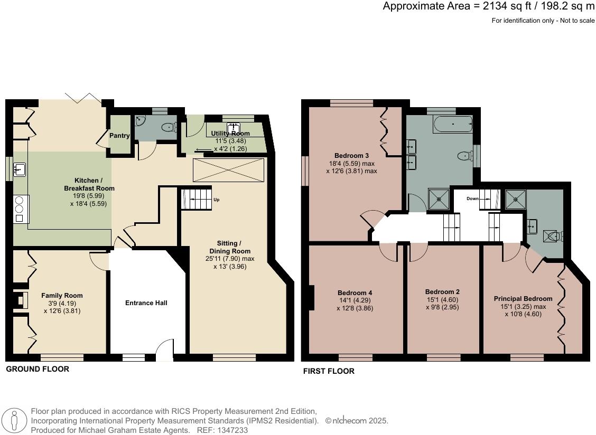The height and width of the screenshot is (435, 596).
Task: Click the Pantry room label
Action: [x=119, y=136]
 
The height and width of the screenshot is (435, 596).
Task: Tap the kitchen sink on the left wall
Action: [x=20, y=169]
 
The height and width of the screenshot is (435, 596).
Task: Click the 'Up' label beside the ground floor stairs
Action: [x=216, y=200]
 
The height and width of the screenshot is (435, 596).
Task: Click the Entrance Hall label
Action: [x=146, y=303]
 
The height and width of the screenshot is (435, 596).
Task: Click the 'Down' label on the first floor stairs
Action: [x=472, y=199]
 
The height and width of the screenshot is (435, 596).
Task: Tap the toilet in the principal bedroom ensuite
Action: [x=553, y=235]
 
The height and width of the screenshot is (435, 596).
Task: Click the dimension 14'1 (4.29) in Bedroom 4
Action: [x=355, y=301]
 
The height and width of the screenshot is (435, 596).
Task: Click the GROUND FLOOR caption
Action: [x=38, y=369]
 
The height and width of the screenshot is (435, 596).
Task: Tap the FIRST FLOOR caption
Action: [x=329, y=371]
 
